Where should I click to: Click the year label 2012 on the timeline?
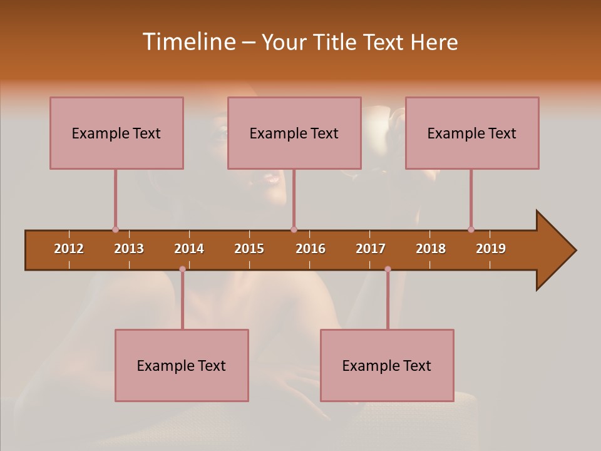pyautogui.click(x=69, y=249)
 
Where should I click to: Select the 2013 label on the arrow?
pyautogui.click(x=129, y=249)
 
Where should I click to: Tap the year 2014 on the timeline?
pyautogui.click(x=189, y=249)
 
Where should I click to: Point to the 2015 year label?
pyautogui.click(x=249, y=249)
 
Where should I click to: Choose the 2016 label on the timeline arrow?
pyautogui.click(x=311, y=249)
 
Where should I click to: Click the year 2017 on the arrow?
pyautogui.click(x=371, y=249)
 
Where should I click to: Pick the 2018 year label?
pyautogui.click(x=431, y=249)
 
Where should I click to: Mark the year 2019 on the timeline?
pyautogui.click(x=491, y=249)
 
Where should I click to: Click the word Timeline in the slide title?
pyautogui.click(x=188, y=42)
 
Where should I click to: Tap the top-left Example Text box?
pyautogui.click(x=116, y=133)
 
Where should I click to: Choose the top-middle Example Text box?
pyautogui.click(x=294, y=133)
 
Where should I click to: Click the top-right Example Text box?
pyautogui.click(x=472, y=133)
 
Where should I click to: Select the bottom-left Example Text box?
pyautogui.click(x=182, y=365)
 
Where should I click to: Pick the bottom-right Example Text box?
pyautogui.click(x=387, y=365)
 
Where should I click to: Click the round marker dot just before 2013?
pyautogui.click(x=115, y=229)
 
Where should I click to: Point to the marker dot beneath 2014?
pyautogui.click(x=182, y=269)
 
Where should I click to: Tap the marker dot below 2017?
pyautogui.click(x=388, y=269)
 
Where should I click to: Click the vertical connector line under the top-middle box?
pyautogui.click(x=294, y=197)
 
